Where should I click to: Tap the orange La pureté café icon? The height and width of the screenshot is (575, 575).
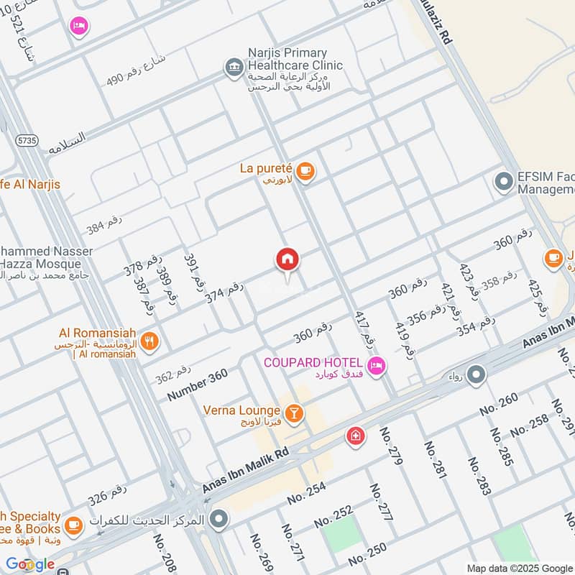306,171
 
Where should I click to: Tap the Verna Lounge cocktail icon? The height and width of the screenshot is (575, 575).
293,413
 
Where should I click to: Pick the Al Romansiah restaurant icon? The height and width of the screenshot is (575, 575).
149,342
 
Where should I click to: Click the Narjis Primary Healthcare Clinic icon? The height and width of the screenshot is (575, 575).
234,67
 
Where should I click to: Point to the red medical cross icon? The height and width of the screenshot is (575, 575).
354,436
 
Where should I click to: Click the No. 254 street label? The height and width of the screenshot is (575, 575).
306,493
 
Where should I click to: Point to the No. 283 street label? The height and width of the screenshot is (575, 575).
479,476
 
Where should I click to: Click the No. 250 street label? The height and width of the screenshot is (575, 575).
367,558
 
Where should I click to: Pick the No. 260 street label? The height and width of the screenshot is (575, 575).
499,408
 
